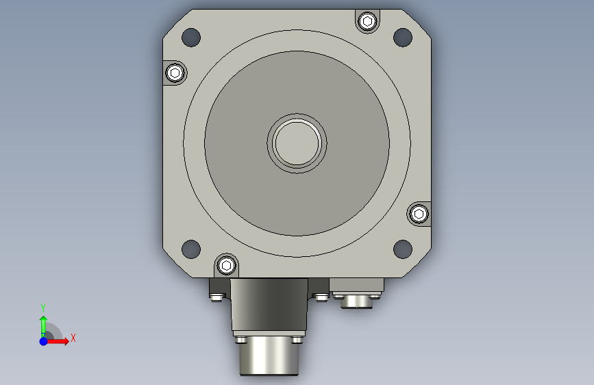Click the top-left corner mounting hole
(x=191, y=37)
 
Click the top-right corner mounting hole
(x=403, y=37)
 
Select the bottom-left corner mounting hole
(x=191, y=249)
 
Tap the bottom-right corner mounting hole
(x=403, y=249)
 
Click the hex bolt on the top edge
(x=367, y=21)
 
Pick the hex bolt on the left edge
(x=175, y=73)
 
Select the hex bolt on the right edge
(x=419, y=214)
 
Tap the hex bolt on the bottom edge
(x=226, y=265)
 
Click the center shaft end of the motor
(x=297, y=143)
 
